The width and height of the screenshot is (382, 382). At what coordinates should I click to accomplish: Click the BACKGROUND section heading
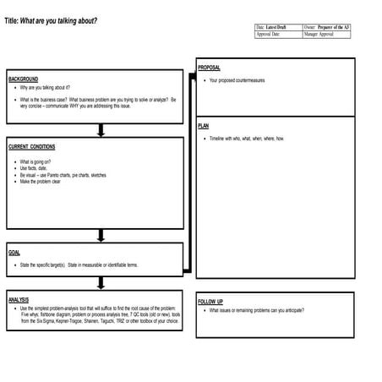click(x=23, y=79)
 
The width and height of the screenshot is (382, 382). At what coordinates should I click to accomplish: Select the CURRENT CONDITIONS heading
click(x=31, y=147)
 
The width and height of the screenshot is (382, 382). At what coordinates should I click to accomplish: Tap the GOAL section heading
click(x=14, y=253)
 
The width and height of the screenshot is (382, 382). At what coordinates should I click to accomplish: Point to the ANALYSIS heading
click(x=19, y=300)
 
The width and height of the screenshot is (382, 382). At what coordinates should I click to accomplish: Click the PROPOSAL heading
click(x=209, y=68)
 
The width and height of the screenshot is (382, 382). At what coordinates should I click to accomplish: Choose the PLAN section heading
click(x=203, y=125)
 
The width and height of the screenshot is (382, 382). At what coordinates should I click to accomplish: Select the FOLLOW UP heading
click(x=210, y=302)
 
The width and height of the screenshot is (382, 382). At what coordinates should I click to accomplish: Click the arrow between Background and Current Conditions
click(x=101, y=129)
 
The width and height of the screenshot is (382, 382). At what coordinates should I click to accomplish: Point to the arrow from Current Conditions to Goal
click(x=101, y=236)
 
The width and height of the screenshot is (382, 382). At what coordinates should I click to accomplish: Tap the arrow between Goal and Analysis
click(x=101, y=283)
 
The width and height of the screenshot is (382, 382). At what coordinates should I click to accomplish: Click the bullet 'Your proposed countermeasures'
click(x=237, y=80)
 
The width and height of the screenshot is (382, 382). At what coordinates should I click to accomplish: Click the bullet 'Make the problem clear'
click(x=40, y=182)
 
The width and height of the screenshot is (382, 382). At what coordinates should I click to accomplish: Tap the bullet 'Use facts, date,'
click(x=35, y=168)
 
